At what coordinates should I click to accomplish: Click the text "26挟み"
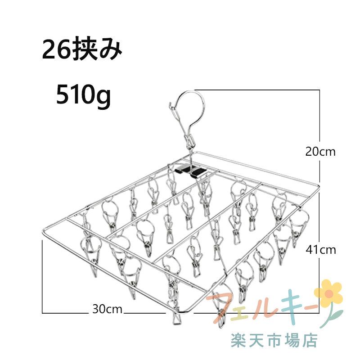pos(82,49)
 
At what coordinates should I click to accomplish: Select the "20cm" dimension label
pos(320,152)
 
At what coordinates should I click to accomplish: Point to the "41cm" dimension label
pos(321,250)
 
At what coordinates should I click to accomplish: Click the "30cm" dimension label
pos(107,309)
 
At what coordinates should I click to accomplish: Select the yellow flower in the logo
pos(328,293)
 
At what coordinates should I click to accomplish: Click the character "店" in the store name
pos(310,341)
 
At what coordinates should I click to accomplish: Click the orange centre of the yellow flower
pos(329,293)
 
